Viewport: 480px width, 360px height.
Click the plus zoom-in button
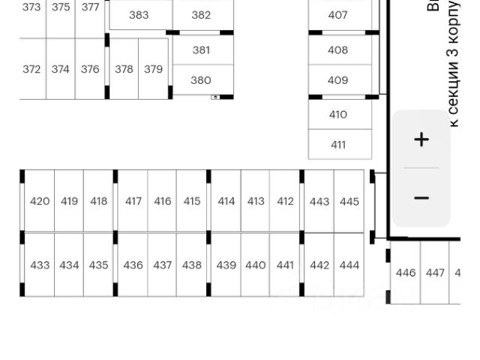[x=421, y=139]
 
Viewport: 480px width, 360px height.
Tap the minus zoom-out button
[x=421, y=198]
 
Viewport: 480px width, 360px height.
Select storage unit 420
[x=40, y=201]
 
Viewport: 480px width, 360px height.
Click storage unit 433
[x=40, y=265]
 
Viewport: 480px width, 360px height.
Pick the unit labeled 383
[x=139, y=15]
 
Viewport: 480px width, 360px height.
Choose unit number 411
[x=338, y=145]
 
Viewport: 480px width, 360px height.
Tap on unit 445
[x=349, y=201]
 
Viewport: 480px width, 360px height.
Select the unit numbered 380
[x=201, y=80]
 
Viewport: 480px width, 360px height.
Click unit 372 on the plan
[x=31, y=69]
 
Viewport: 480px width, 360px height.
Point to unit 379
[x=153, y=69]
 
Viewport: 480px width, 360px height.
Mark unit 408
[x=338, y=50]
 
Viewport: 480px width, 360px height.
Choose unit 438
[x=192, y=265]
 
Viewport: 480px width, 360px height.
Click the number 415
[x=192, y=201]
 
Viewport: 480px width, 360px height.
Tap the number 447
[x=435, y=273]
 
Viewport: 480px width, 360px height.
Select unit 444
[x=349, y=265]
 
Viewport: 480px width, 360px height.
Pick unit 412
[x=285, y=201]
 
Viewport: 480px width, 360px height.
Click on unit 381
[x=201, y=50]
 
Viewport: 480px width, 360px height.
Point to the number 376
[x=90, y=69]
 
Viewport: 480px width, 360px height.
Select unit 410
[x=338, y=115]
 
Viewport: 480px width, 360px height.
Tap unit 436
[x=133, y=265]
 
